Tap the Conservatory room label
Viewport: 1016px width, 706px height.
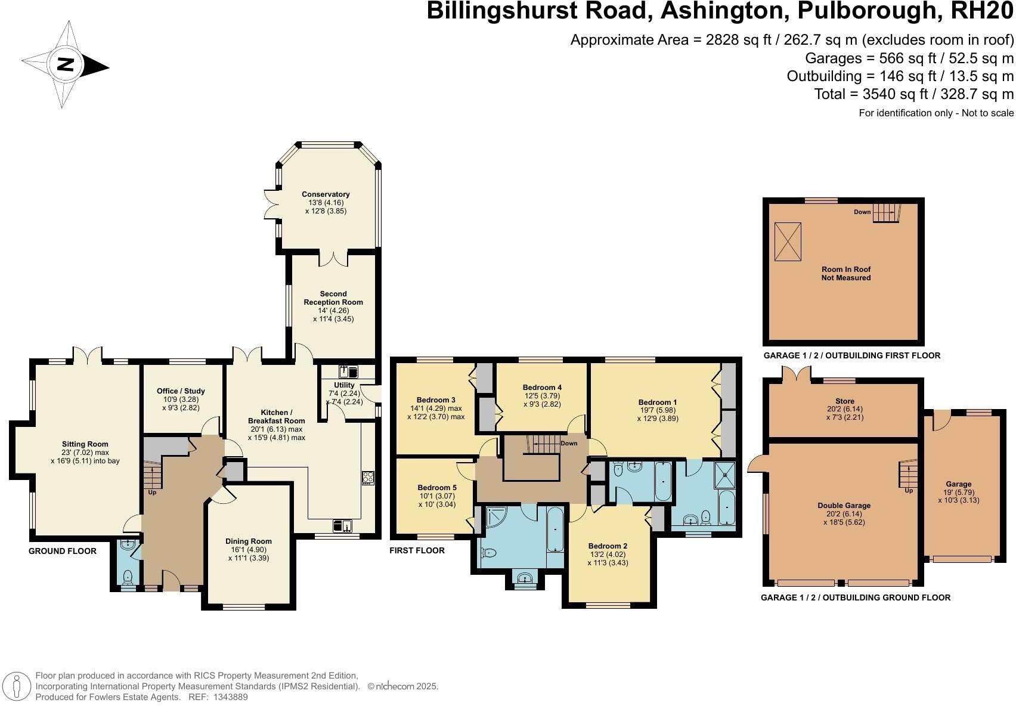point(326,194)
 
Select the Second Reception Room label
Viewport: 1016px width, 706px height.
point(333,298)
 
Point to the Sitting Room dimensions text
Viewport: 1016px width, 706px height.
point(85,456)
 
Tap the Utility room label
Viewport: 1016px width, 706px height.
point(345,385)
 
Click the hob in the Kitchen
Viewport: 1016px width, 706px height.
point(368,478)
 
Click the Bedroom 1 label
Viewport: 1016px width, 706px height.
point(657,402)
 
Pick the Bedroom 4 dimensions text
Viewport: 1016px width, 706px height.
point(542,400)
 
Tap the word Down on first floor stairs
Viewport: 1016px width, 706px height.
point(569,444)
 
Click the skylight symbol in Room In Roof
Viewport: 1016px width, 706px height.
point(788,241)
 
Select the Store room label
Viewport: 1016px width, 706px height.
point(845,401)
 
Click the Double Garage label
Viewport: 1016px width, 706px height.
point(844,506)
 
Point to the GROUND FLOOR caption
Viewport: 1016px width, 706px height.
point(63,551)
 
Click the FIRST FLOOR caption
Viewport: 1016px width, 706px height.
point(417,550)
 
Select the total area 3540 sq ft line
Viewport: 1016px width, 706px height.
point(913,94)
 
